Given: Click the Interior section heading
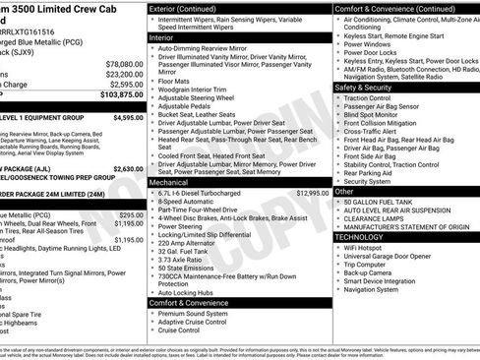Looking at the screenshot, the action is click(161, 37).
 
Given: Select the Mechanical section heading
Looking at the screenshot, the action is click(169, 182).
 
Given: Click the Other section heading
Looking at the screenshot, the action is click(344, 191).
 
